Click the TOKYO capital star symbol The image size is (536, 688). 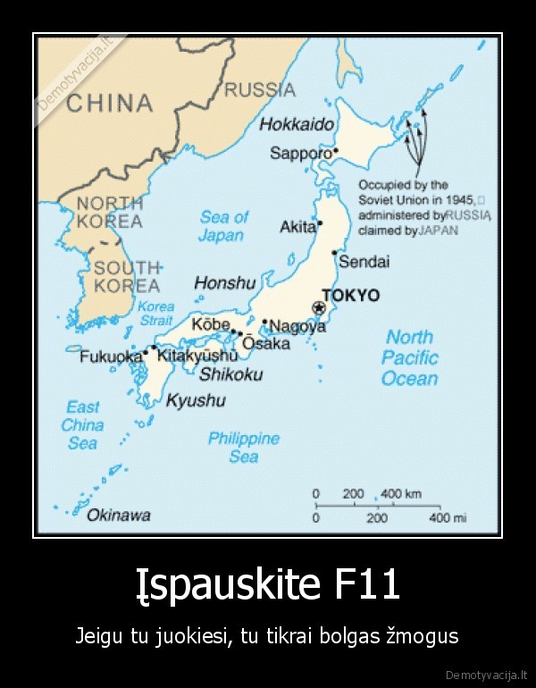coord(318,308)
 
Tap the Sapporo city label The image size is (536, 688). coord(300,153)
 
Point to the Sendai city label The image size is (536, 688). coord(364,262)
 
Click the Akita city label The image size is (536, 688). coord(297,227)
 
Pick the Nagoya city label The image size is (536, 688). coord(297,326)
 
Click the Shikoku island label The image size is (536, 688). coord(230,374)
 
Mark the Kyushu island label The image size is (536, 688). coord(196,400)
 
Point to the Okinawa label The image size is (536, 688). coord(118,515)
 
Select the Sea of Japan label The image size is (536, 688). coord(222,226)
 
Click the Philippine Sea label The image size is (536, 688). coord(243,448)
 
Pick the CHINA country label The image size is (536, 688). coord(110,104)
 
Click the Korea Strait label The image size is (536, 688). coord(156,313)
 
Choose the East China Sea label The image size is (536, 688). coord(82,425)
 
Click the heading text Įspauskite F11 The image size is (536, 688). coord(267,586)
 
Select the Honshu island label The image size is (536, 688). coord(225,283)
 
